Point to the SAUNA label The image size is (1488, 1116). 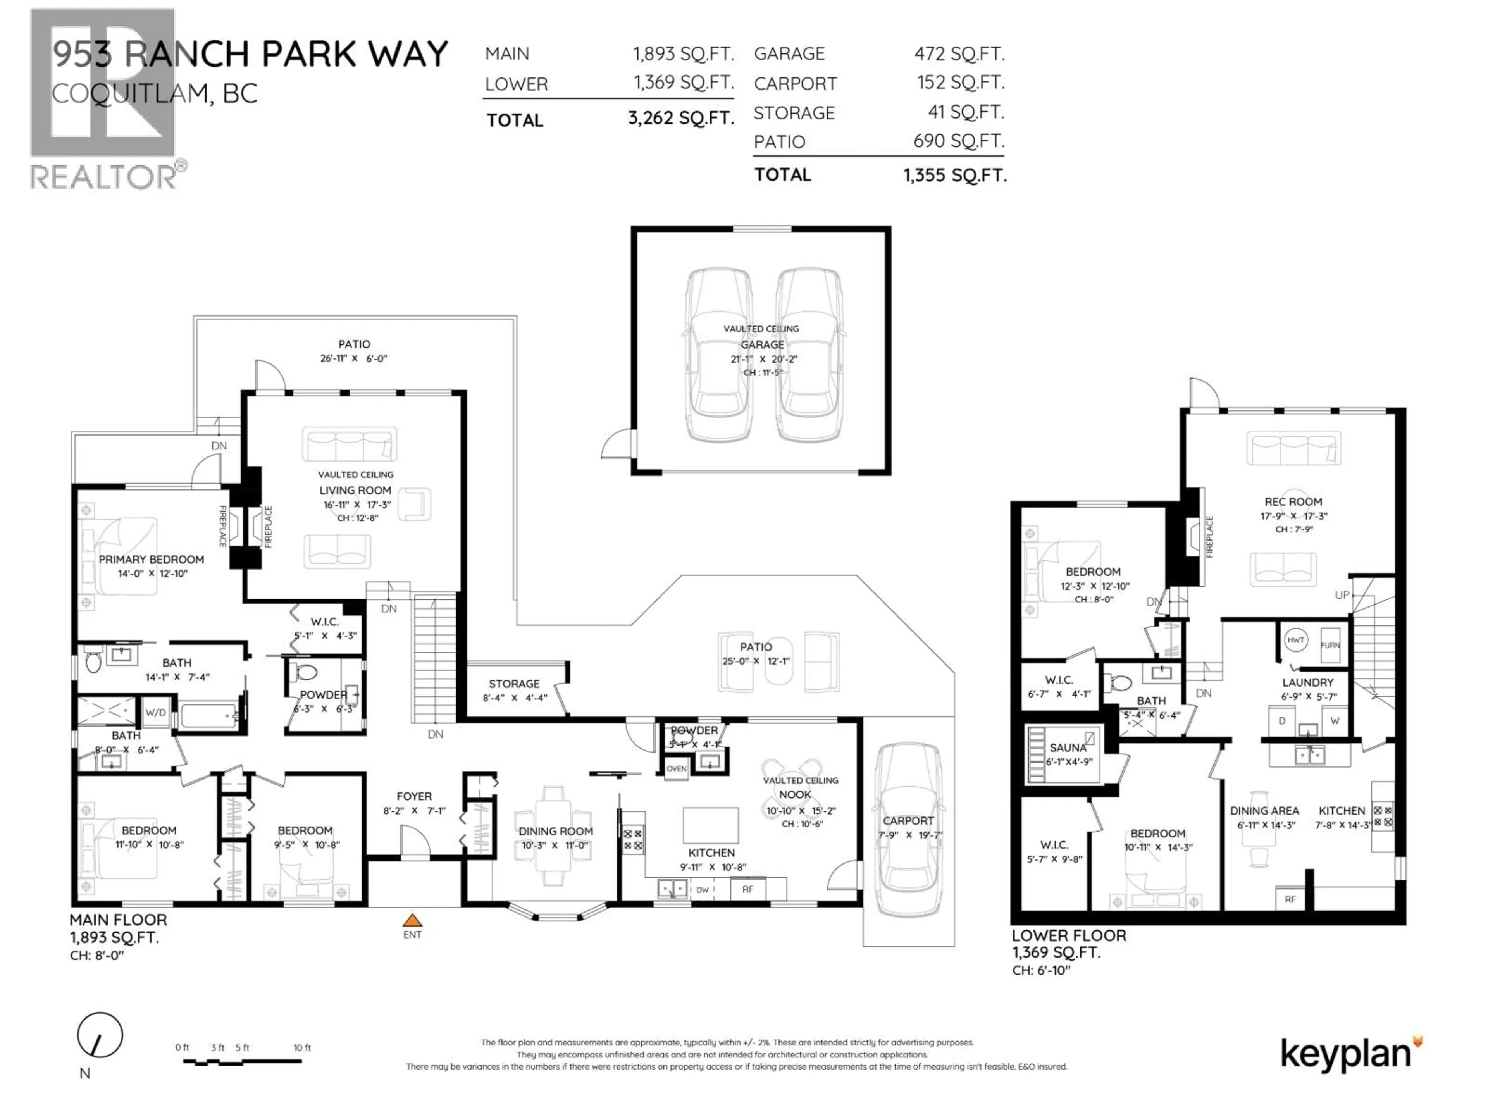[x=1068, y=748]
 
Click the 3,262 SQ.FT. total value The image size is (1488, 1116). [x=681, y=119]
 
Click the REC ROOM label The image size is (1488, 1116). [x=1293, y=502]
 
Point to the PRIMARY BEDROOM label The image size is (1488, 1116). [x=152, y=560]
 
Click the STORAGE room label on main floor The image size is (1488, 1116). [x=514, y=684]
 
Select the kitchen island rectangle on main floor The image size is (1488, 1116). [x=710, y=825]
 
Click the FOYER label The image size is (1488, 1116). [x=414, y=796]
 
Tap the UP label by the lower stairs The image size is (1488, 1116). [x=1342, y=595]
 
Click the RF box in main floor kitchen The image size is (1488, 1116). [x=747, y=889]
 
